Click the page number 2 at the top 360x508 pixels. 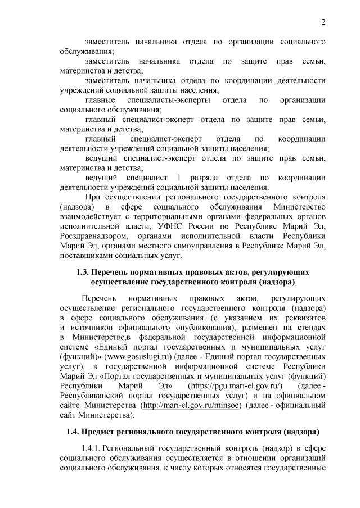tap(323, 22)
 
